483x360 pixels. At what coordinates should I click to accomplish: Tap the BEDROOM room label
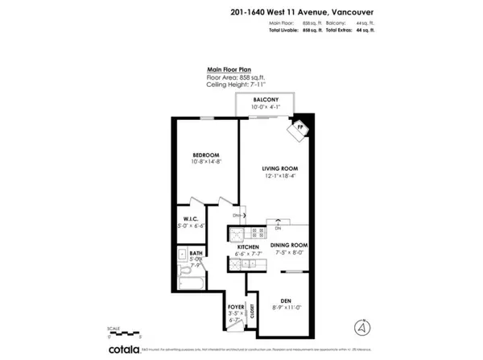tap(205, 155)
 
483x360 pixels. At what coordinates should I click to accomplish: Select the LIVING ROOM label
tap(279, 168)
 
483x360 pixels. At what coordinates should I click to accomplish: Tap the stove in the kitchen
tap(239, 234)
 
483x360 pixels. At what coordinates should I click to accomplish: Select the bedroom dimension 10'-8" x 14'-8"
tap(205, 163)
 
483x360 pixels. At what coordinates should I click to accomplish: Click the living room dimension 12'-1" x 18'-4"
tap(279, 176)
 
